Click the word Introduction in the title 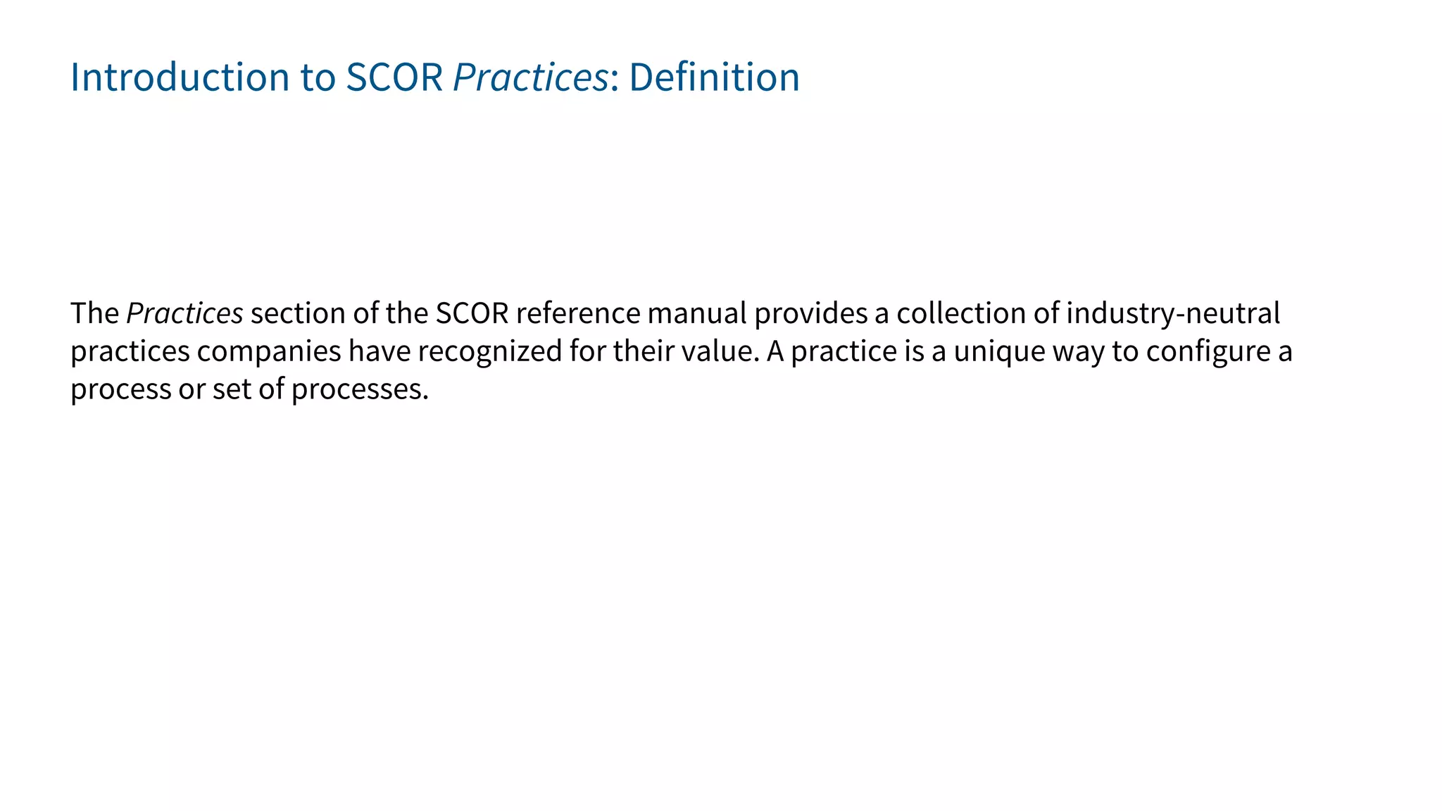click(180, 77)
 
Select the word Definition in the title click(714, 77)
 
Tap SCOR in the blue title click(394, 77)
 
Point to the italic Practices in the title click(530, 77)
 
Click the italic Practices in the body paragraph click(184, 313)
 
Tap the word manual click(697, 313)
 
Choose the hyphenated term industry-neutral click(1173, 313)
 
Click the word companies click(269, 351)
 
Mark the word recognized click(490, 351)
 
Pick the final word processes click(360, 389)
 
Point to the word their click(639, 351)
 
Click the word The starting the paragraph click(94, 313)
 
